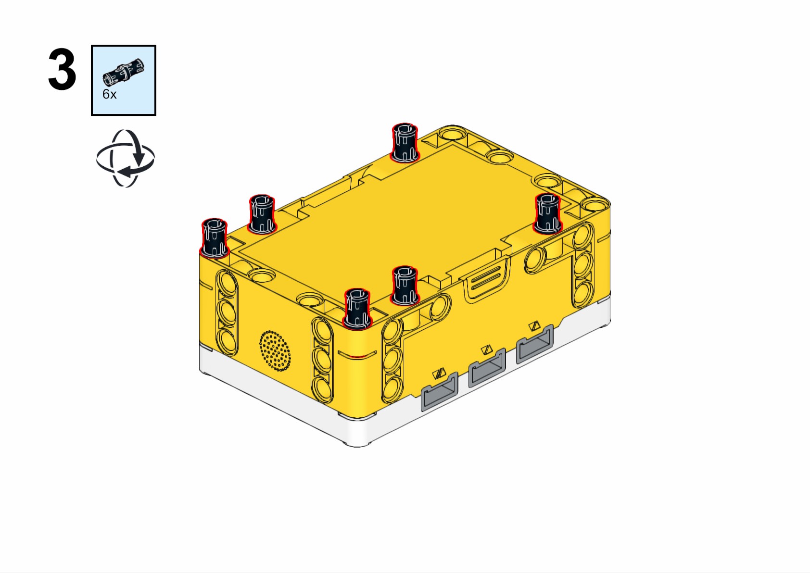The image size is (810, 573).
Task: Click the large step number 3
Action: click(62, 69)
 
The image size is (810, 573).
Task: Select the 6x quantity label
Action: click(109, 94)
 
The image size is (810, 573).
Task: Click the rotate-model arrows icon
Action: click(125, 158)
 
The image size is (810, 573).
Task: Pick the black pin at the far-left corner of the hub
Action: click(214, 238)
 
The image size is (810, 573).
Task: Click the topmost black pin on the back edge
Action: click(405, 143)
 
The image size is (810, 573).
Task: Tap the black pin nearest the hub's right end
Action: click(547, 213)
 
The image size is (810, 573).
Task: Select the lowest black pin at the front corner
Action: click(357, 309)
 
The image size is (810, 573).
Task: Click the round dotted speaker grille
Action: click(275, 350)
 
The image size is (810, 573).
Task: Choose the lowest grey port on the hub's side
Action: click(439, 392)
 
